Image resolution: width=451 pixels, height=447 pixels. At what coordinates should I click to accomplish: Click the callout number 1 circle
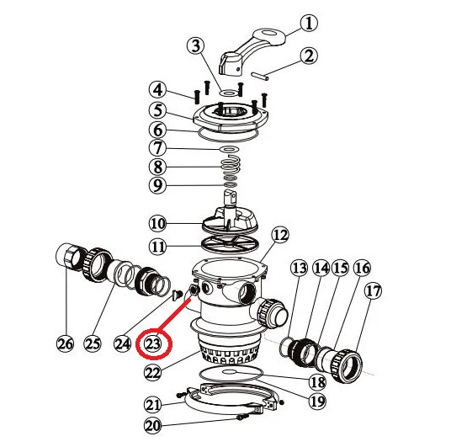309,23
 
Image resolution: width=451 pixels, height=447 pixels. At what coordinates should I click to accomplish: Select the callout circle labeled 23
152,343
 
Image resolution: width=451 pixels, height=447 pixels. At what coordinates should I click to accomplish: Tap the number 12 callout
280,236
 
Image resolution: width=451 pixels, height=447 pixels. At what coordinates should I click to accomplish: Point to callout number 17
373,291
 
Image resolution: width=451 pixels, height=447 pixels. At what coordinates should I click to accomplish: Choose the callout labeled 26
65,343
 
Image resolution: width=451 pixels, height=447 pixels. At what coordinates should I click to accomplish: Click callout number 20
152,425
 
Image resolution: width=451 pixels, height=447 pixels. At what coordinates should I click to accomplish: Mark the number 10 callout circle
157,223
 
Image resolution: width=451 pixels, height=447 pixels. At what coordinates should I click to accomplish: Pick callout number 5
157,110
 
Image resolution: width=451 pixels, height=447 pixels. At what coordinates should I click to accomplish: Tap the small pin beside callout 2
259,76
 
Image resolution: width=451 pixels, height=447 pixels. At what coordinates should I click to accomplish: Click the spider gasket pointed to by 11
230,245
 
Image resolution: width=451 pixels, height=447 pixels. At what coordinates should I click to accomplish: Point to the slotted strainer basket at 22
229,353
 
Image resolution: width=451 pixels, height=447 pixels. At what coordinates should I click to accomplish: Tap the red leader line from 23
174,315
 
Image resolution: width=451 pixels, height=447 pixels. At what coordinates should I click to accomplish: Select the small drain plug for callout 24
177,295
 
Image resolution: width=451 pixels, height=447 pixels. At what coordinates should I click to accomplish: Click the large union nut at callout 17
347,365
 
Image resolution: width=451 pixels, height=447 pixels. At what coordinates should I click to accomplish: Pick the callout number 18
317,382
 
